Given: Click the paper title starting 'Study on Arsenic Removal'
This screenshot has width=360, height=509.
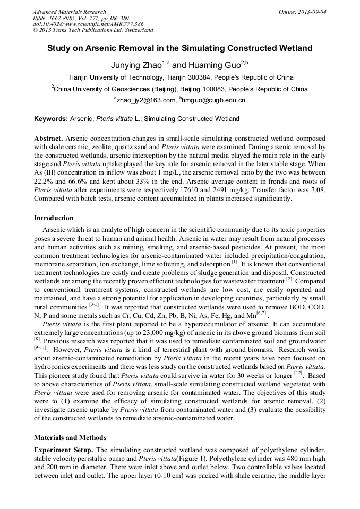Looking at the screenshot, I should coord(179,48).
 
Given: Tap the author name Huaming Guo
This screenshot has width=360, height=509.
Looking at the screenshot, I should coord(214,65).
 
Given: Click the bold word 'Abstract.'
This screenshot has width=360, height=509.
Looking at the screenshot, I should coord(48,137).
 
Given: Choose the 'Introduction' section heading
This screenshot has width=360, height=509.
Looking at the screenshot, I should coord(54,218).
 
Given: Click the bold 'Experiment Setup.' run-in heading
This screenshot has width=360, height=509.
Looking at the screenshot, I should coord(64,450).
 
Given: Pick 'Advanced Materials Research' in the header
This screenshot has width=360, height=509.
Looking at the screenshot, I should coord(69,12).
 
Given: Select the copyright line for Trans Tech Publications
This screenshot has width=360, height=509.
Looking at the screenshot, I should coord(93,30).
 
